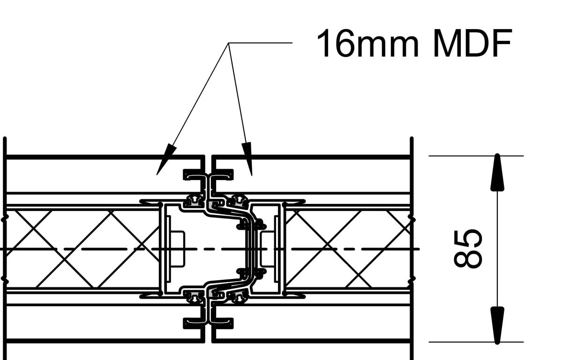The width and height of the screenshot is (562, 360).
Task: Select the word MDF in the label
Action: point(471,43)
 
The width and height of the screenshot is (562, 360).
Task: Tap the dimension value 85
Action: point(467,248)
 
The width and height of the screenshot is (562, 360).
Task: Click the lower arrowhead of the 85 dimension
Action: point(497,325)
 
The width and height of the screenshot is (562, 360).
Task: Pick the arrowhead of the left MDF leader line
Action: point(165,161)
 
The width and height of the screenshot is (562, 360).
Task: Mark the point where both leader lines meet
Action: point(229,43)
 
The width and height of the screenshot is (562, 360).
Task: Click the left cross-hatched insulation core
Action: point(82,248)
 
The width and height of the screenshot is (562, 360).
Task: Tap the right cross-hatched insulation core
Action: point(347,248)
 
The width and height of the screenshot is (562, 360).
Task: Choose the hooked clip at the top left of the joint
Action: point(194,174)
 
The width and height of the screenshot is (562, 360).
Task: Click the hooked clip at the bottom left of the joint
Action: point(194,322)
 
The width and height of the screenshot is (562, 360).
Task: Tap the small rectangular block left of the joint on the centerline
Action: point(178,248)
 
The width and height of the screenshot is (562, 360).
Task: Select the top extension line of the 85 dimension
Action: point(476,156)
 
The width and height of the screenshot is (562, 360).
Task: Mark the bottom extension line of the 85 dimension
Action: point(476,342)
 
